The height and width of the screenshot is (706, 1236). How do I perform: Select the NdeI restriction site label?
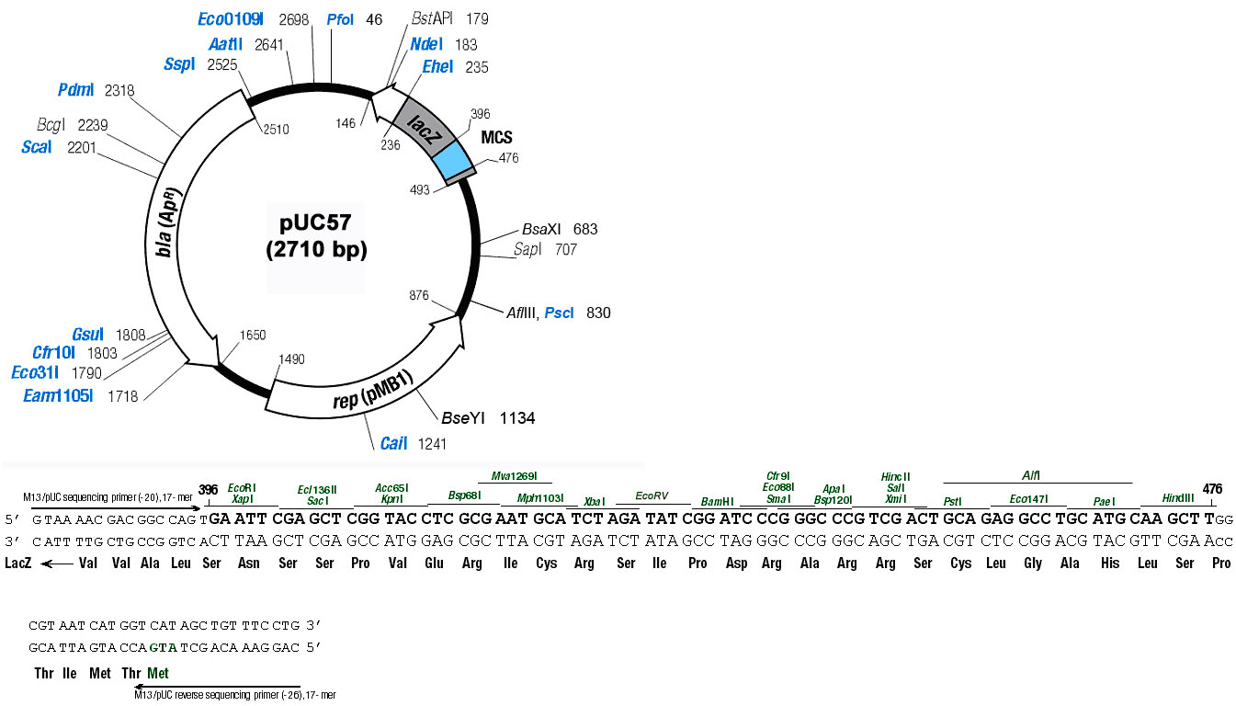(x=426, y=44)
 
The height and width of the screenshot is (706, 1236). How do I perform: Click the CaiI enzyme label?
(x=393, y=444)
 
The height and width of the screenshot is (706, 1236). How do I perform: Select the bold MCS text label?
(x=496, y=137)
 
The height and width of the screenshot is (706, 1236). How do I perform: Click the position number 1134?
(x=517, y=418)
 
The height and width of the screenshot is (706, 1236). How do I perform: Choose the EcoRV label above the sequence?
(x=652, y=495)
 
